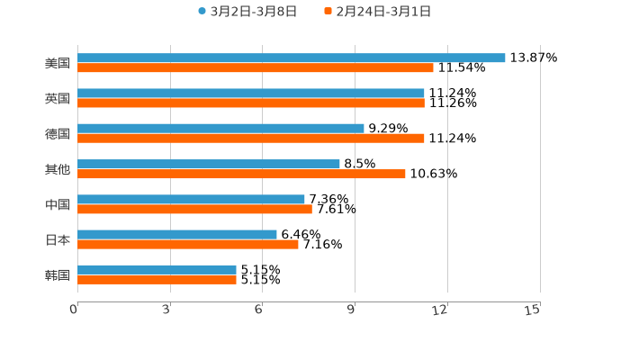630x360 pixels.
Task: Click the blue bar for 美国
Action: pos(292,58)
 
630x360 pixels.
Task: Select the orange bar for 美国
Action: pos(256,67)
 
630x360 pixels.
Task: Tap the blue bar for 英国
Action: pos(251,93)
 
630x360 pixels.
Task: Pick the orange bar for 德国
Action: pos(251,138)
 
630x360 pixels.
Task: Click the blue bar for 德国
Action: pos(220,128)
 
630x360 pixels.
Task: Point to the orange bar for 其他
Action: pos(241,174)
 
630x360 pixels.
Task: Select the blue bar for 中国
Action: pos(191,199)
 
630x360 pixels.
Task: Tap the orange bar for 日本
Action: pos(188,244)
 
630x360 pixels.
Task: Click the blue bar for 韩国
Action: pos(157,269)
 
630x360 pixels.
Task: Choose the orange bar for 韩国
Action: pos(157,279)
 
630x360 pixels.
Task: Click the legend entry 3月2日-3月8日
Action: pos(247,12)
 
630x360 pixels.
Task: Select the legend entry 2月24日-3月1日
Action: pos(377,12)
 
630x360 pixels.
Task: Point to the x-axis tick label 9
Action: pos(354,310)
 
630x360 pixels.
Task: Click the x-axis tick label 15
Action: pos(532,310)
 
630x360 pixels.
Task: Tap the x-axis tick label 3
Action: pos(167,310)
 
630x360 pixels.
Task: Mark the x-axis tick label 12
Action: pos(440,310)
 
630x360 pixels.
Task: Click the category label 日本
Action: pos(58,240)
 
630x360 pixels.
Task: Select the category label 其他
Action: pos(58,169)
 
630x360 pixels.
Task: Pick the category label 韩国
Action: pos(58,275)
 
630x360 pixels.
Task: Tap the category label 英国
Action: pos(58,99)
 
